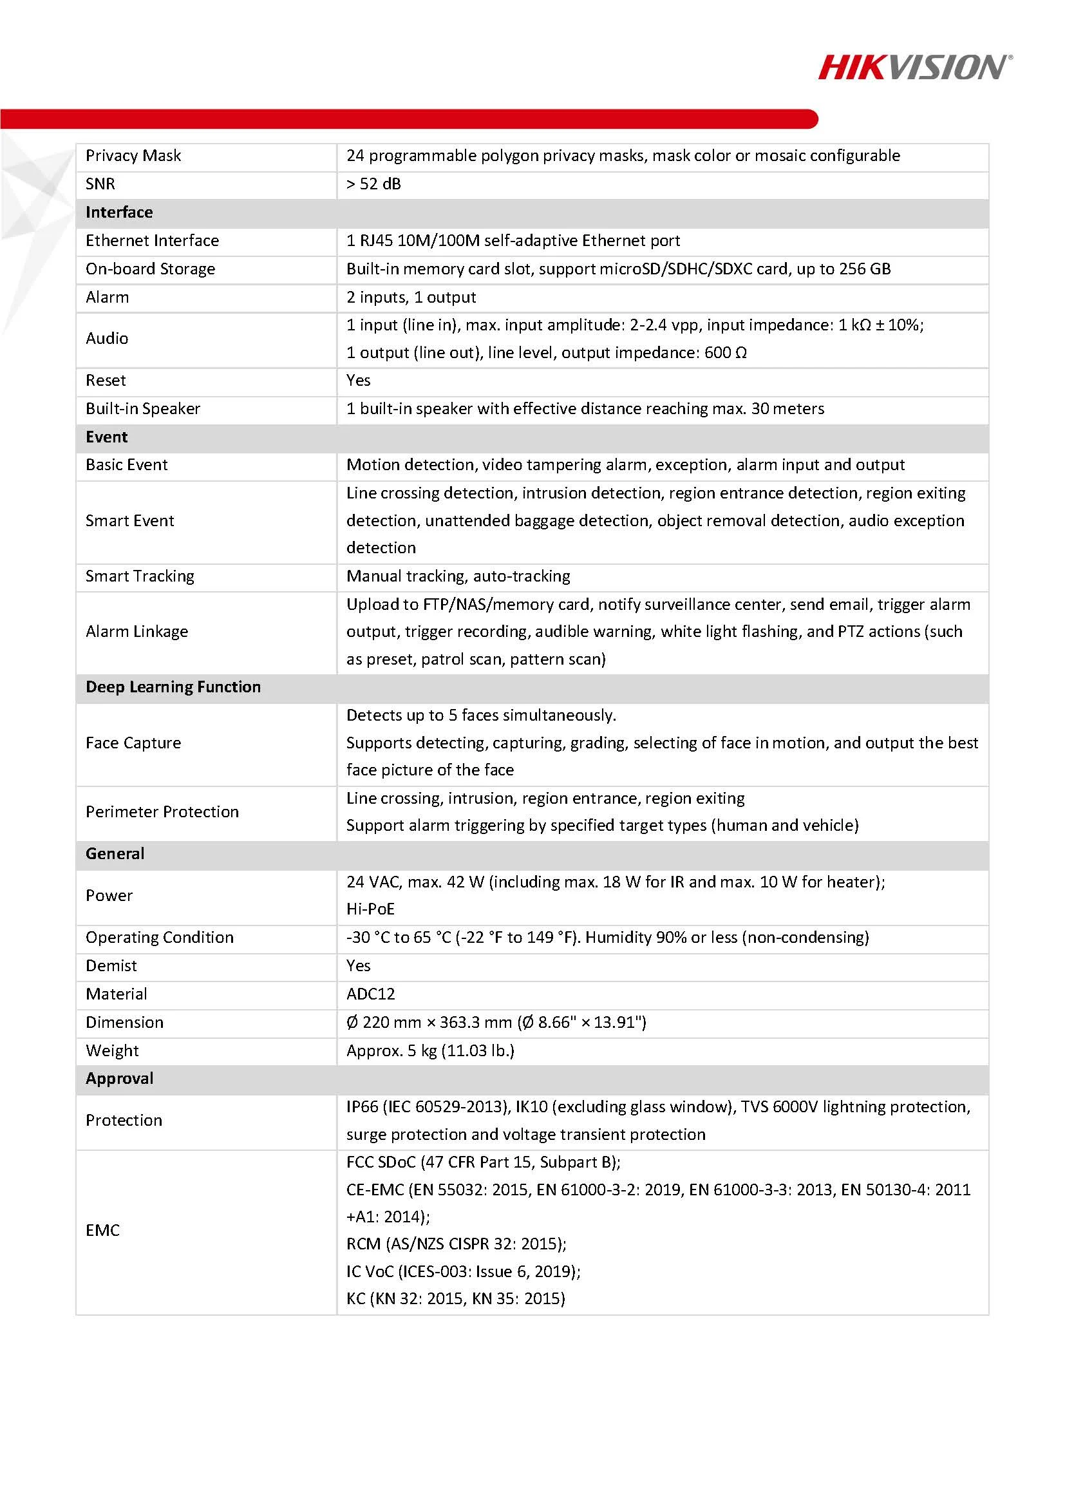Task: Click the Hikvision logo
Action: [914, 68]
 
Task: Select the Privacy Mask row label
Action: [133, 156]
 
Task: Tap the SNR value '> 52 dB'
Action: [373, 184]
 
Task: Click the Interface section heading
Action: [118, 212]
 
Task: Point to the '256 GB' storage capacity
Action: [863, 269]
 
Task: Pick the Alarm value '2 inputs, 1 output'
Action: [411, 297]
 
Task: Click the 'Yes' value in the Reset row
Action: [358, 380]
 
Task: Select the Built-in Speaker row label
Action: [142, 408]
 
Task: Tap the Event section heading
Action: [106, 437]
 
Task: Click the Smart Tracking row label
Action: [140, 576]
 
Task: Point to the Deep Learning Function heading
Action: [173, 687]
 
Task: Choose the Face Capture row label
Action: [133, 743]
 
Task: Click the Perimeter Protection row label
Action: [162, 811]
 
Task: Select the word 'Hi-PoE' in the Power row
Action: [371, 909]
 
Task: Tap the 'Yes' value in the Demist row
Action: [358, 965]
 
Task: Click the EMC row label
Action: [102, 1230]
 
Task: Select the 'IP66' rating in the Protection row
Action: [363, 1106]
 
